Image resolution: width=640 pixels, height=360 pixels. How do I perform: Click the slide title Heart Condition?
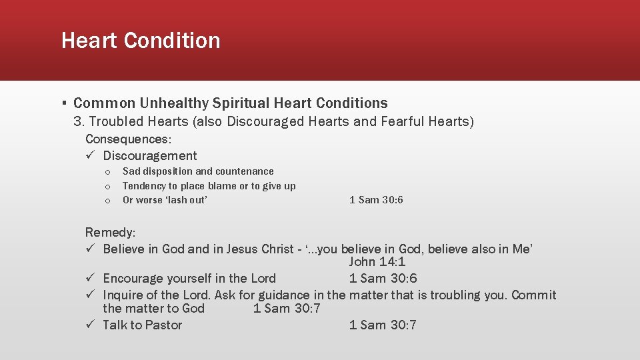coord(141,41)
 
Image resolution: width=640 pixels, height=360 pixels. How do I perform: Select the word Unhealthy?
coord(174,103)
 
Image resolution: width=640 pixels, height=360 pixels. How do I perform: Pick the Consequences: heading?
coord(128,139)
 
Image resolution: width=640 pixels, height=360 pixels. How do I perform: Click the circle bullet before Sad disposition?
coord(107,172)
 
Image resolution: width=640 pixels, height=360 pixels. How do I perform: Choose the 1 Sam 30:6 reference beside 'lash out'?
coord(376,200)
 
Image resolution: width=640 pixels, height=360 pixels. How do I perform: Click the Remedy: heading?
coord(110,233)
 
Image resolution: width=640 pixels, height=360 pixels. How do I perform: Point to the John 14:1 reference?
coord(377,262)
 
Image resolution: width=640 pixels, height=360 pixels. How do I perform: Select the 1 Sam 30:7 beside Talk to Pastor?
coord(383,325)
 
